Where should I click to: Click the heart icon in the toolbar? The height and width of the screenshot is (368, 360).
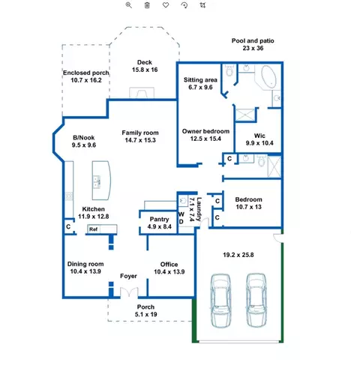166,5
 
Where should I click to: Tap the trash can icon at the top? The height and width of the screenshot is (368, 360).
147,5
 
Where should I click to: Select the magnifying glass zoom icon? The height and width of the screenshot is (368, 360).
129,5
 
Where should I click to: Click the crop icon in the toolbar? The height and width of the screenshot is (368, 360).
202,5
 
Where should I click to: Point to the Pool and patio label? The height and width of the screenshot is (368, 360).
253,40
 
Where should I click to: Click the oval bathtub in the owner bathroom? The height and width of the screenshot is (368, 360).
269,76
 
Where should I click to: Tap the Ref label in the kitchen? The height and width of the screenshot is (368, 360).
93,229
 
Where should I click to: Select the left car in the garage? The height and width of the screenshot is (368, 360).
220,300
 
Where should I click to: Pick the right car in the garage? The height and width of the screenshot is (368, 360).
256,300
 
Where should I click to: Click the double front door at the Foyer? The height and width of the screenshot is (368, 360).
129,292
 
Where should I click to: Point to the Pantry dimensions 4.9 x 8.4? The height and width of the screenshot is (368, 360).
160,226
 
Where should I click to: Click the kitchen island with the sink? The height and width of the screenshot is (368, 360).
101,181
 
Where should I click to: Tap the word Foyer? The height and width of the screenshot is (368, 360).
128,276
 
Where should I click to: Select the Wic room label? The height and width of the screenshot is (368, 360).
259,136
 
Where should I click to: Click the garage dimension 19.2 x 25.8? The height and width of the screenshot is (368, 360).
238,255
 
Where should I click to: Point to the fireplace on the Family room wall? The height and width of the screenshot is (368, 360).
142,93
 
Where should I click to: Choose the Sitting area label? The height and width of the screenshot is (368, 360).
200,80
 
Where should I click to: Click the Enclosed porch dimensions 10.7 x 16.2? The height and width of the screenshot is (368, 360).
86,80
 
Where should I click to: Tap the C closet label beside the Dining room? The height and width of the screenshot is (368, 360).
68,226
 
